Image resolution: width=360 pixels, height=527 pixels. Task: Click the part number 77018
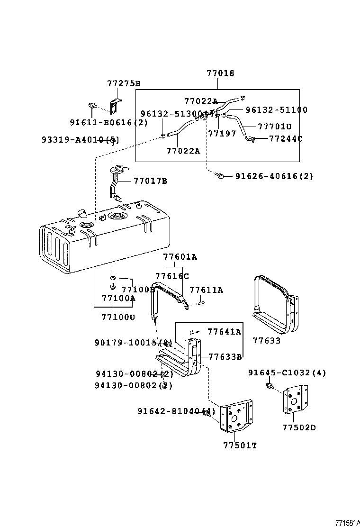220,73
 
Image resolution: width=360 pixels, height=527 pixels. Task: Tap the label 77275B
124,84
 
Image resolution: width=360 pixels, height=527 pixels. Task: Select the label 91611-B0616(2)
108,122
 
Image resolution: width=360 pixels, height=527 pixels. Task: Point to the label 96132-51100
276,110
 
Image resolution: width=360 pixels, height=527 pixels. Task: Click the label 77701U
274,127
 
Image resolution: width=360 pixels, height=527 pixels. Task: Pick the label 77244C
286,139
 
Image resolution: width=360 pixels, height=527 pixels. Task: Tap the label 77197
222,134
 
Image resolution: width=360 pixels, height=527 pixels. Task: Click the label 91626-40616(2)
274,176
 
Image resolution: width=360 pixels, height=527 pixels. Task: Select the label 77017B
150,181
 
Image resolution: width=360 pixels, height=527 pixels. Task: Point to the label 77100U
118,317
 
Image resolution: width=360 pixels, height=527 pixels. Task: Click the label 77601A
180,257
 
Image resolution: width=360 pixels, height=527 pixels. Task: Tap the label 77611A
206,290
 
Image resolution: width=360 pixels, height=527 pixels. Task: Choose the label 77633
267,340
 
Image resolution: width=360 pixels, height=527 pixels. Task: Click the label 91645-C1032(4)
287,373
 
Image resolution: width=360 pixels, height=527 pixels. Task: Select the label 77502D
299,427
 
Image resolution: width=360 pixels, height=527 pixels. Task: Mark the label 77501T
240,445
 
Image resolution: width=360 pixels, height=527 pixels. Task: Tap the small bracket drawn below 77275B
116,107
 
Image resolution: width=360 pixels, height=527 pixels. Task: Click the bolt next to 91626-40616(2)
219,176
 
